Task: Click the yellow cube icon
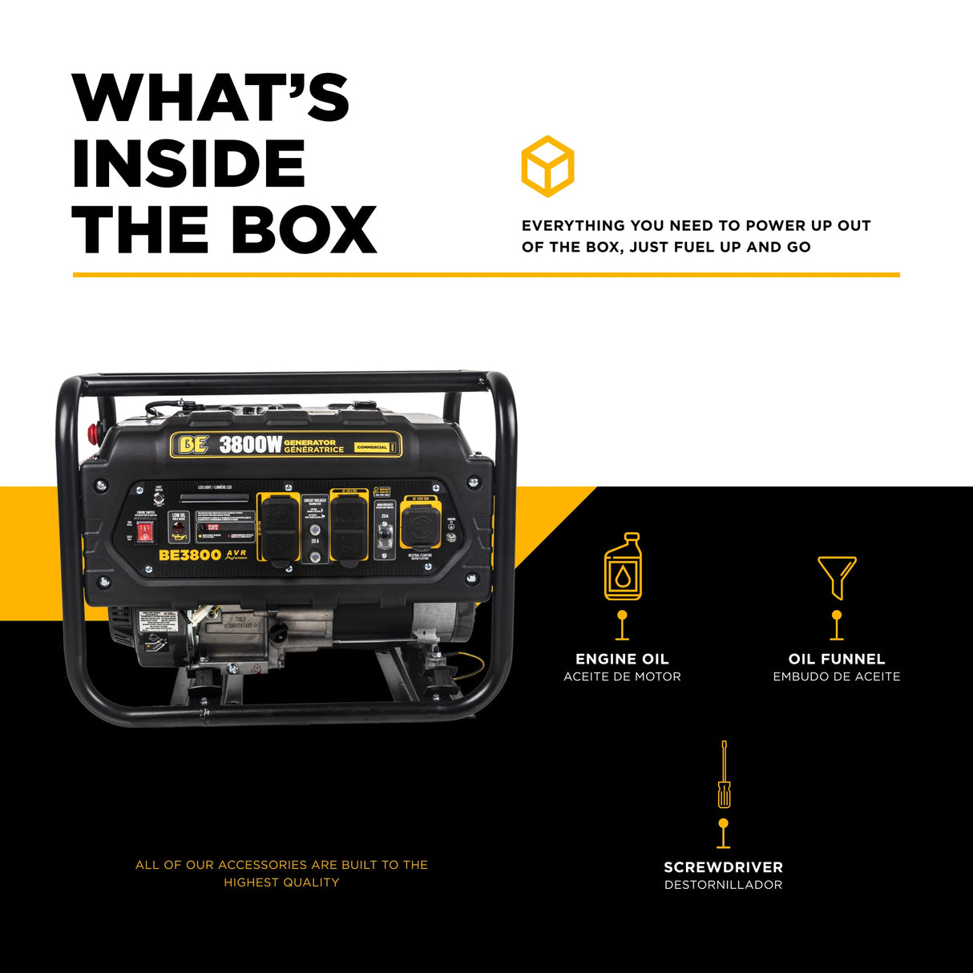(547, 166)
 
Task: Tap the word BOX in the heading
(304, 230)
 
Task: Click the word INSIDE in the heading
(189, 164)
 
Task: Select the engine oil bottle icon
(622, 567)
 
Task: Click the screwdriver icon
(724, 774)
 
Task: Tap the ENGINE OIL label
(622, 659)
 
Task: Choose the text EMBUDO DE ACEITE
(837, 676)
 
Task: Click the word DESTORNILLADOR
(723, 885)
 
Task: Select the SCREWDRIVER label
(723, 867)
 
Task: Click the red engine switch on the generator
(144, 531)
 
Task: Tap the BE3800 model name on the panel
(190, 555)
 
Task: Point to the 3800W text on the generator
(250, 445)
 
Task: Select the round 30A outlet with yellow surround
(420, 527)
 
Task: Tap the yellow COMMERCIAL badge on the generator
(372, 447)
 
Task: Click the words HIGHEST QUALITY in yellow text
(281, 882)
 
